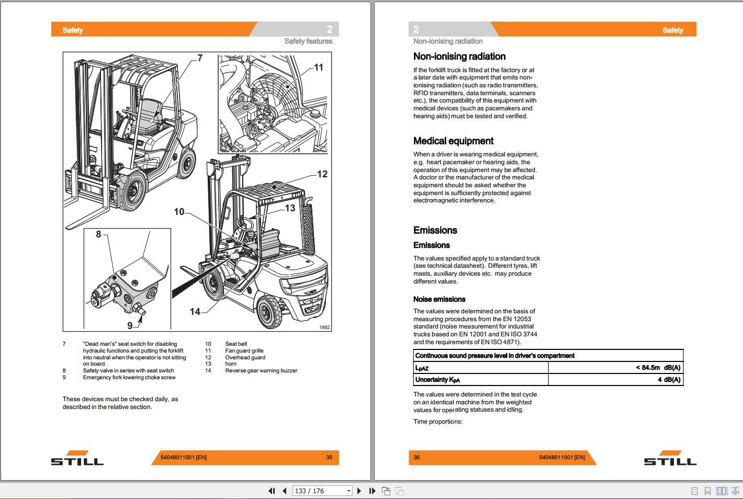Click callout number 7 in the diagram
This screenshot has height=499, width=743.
click(x=200, y=58)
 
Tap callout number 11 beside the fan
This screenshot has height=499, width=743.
click(x=319, y=67)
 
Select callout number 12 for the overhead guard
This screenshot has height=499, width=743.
click(x=322, y=174)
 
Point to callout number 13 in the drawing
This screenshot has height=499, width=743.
click(x=290, y=208)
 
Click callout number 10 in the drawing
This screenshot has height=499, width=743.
click(x=179, y=212)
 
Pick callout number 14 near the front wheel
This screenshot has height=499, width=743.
click(x=195, y=312)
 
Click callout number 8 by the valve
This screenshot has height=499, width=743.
click(x=98, y=234)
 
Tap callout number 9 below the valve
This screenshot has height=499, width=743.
click(x=130, y=325)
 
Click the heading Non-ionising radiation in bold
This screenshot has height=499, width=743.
click(x=459, y=56)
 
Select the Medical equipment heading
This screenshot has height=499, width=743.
click(x=453, y=141)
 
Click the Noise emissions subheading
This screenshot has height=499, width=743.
click(x=439, y=299)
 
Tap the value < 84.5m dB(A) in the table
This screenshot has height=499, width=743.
click(x=658, y=368)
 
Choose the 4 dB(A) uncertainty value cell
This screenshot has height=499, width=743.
click(x=669, y=380)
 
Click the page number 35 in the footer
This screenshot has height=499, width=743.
click(x=329, y=457)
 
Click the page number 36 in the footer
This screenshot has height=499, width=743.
click(x=416, y=457)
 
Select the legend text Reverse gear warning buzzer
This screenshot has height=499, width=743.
click(x=261, y=371)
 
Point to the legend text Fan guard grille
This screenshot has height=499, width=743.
click(x=244, y=351)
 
